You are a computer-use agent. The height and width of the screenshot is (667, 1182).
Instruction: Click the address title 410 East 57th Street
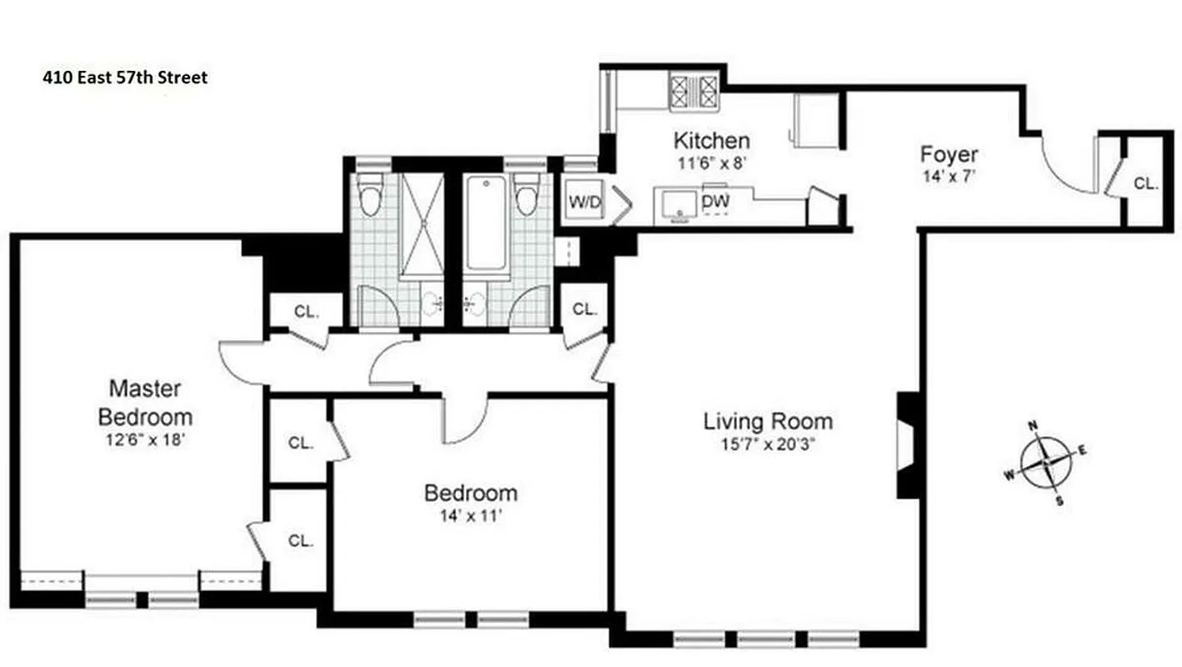(125, 78)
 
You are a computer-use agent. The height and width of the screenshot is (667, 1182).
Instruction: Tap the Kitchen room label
(711, 140)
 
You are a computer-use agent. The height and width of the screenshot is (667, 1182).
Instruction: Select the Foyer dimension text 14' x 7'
(949, 176)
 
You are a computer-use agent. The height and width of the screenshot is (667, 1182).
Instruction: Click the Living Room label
(768, 421)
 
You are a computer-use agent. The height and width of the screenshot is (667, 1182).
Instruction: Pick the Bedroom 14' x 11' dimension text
(471, 515)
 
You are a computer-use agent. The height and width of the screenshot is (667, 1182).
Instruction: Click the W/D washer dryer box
(584, 201)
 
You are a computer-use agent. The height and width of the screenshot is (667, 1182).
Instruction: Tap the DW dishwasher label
(713, 201)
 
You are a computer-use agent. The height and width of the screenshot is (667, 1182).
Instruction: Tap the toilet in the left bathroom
(370, 195)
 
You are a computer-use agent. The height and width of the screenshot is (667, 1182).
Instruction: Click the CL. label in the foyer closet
(1145, 183)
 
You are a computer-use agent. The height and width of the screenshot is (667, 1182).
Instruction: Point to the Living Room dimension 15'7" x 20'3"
(768, 444)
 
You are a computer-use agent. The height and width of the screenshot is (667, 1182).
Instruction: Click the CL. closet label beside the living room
(585, 309)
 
